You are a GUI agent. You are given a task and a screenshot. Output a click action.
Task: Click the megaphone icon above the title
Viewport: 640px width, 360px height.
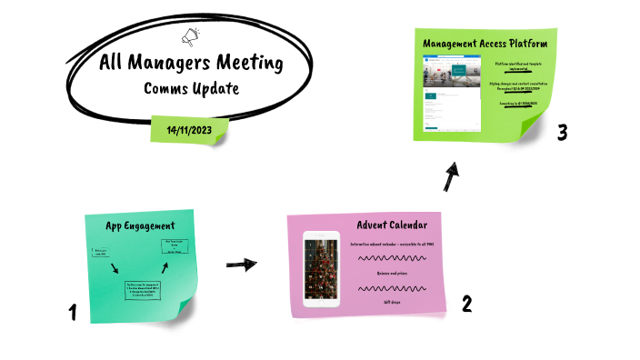[x=191, y=38]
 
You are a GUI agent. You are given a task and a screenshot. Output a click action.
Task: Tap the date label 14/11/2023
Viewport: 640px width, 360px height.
[x=188, y=130]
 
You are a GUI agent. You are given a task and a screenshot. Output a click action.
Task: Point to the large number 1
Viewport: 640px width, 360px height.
[x=72, y=314]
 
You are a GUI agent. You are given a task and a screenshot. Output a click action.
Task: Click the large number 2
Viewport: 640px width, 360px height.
[x=466, y=304]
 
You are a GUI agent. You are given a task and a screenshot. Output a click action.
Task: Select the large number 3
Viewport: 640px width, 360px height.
[x=563, y=133]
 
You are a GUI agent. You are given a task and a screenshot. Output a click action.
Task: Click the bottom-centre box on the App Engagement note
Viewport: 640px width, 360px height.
[x=147, y=289]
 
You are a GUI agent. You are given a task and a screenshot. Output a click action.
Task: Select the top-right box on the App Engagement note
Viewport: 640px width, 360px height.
[x=170, y=245]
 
